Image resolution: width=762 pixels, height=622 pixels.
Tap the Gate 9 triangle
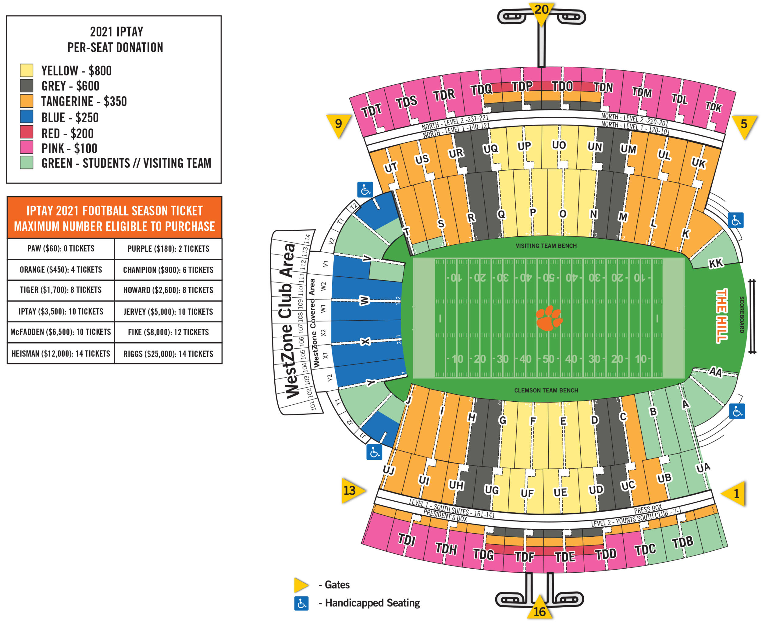[339, 124]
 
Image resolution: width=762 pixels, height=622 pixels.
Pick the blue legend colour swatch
[27, 116]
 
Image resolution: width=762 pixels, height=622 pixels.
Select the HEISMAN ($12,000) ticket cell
[61, 354]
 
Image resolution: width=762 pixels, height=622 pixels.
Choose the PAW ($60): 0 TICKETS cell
[61, 249]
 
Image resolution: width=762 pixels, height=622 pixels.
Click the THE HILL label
[721, 316]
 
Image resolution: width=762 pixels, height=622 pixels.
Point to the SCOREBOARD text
[742, 315]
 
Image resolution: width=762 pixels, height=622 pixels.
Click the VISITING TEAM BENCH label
[546, 246]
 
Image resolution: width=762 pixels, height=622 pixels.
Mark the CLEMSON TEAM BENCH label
[546, 390]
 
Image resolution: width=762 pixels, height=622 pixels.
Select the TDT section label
[371, 111]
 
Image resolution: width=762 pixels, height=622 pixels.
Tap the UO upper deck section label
[558, 145]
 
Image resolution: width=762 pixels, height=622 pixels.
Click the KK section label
[716, 263]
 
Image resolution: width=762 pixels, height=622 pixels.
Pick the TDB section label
[682, 542]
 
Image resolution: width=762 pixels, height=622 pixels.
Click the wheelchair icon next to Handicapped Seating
[301, 603]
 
